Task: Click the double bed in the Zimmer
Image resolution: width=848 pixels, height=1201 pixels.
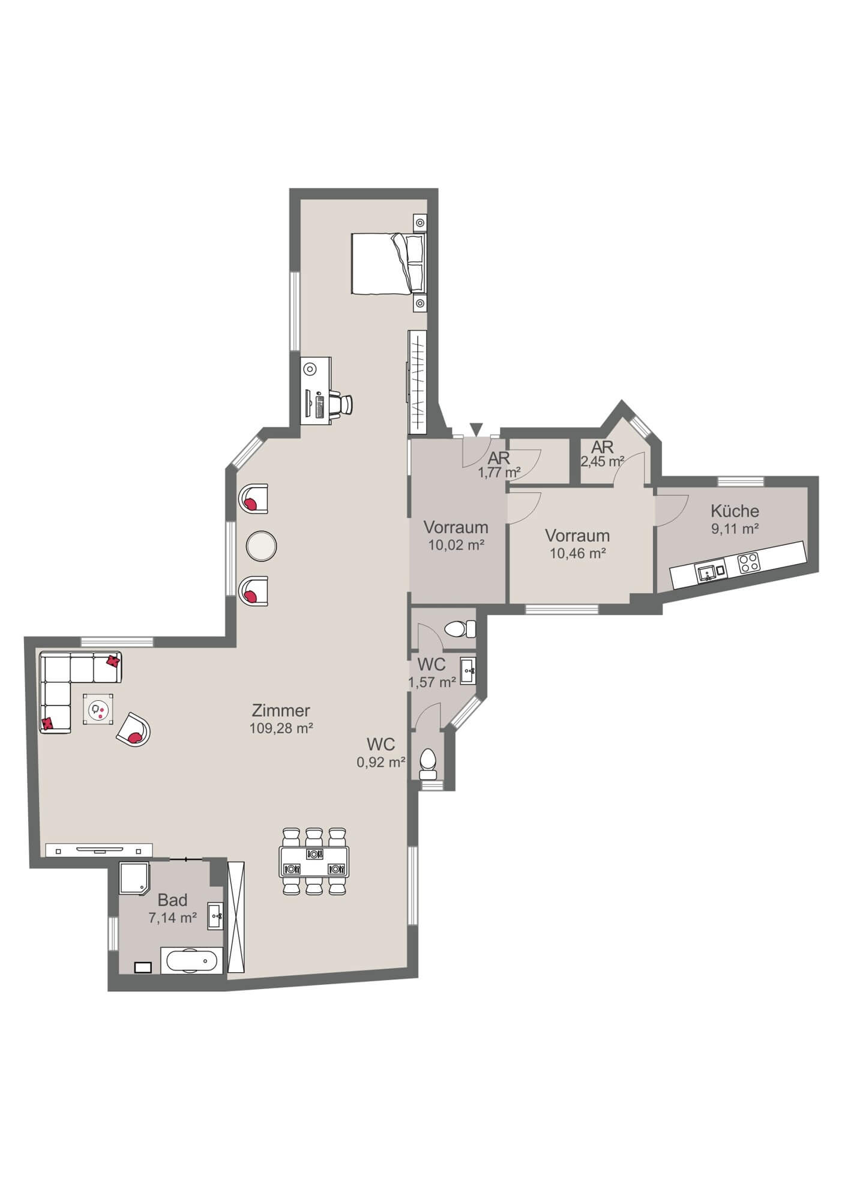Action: pyautogui.click(x=387, y=264)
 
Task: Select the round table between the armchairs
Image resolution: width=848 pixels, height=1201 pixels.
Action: pyautogui.click(x=262, y=546)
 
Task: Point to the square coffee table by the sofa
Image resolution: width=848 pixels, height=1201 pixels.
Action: pyautogui.click(x=98, y=710)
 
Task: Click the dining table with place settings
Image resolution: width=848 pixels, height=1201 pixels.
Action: pyautogui.click(x=314, y=862)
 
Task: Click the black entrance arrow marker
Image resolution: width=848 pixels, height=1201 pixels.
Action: pyautogui.click(x=476, y=429)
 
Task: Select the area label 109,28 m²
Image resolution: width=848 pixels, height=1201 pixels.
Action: pyautogui.click(x=281, y=728)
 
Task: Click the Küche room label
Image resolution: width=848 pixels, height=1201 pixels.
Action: pyautogui.click(x=735, y=511)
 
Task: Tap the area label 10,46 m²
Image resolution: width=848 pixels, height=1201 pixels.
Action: pyautogui.click(x=577, y=553)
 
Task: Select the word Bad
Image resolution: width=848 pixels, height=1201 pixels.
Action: pyautogui.click(x=172, y=900)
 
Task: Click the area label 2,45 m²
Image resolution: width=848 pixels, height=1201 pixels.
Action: pyautogui.click(x=602, y=462)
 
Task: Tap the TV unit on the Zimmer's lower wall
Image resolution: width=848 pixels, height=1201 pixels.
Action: pyautogui.click(x=99, y=850)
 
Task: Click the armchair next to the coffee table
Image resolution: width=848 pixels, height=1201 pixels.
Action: pyautogui.click(x=133, y=729)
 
